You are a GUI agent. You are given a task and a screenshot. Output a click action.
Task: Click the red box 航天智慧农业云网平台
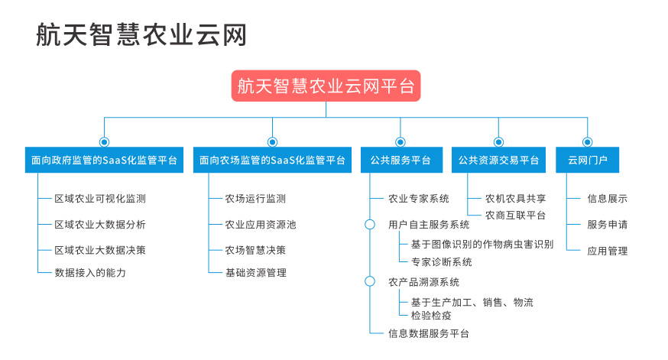[326, 86]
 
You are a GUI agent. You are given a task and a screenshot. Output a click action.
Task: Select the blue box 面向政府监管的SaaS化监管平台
[105, 161]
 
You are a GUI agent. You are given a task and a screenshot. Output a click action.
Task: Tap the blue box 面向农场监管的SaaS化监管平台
[272, 161]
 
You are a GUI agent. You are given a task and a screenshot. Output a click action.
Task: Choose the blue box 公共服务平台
[401, 161]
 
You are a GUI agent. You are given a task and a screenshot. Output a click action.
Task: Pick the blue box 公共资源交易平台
[498, 161]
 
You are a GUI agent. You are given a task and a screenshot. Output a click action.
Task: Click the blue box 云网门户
[588, 161]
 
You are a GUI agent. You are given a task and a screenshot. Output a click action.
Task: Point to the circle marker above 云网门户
[588, 142]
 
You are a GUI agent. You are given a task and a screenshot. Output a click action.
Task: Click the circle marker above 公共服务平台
[400, 142]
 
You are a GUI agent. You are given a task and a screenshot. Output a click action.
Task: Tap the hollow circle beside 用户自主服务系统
[370, 225]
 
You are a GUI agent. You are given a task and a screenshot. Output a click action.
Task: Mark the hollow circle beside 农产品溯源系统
[370, 281]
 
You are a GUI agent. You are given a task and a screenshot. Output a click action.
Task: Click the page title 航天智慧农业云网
[141, 34]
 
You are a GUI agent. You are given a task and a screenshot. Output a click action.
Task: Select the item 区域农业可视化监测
[100, 199]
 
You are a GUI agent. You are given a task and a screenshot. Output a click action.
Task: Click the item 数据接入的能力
[90, 273]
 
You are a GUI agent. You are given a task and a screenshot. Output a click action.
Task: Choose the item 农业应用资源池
[261, 225]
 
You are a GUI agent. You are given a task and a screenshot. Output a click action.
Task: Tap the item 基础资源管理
[256, 273]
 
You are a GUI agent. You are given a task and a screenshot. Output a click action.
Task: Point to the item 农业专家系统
[419, 199]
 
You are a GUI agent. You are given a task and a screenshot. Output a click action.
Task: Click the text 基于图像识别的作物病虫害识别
[482, 244]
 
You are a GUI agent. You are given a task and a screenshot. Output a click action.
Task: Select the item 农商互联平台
[515, 216]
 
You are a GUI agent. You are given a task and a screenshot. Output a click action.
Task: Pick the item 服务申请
[608, 225]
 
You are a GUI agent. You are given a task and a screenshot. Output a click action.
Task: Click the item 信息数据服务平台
[429, 333]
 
